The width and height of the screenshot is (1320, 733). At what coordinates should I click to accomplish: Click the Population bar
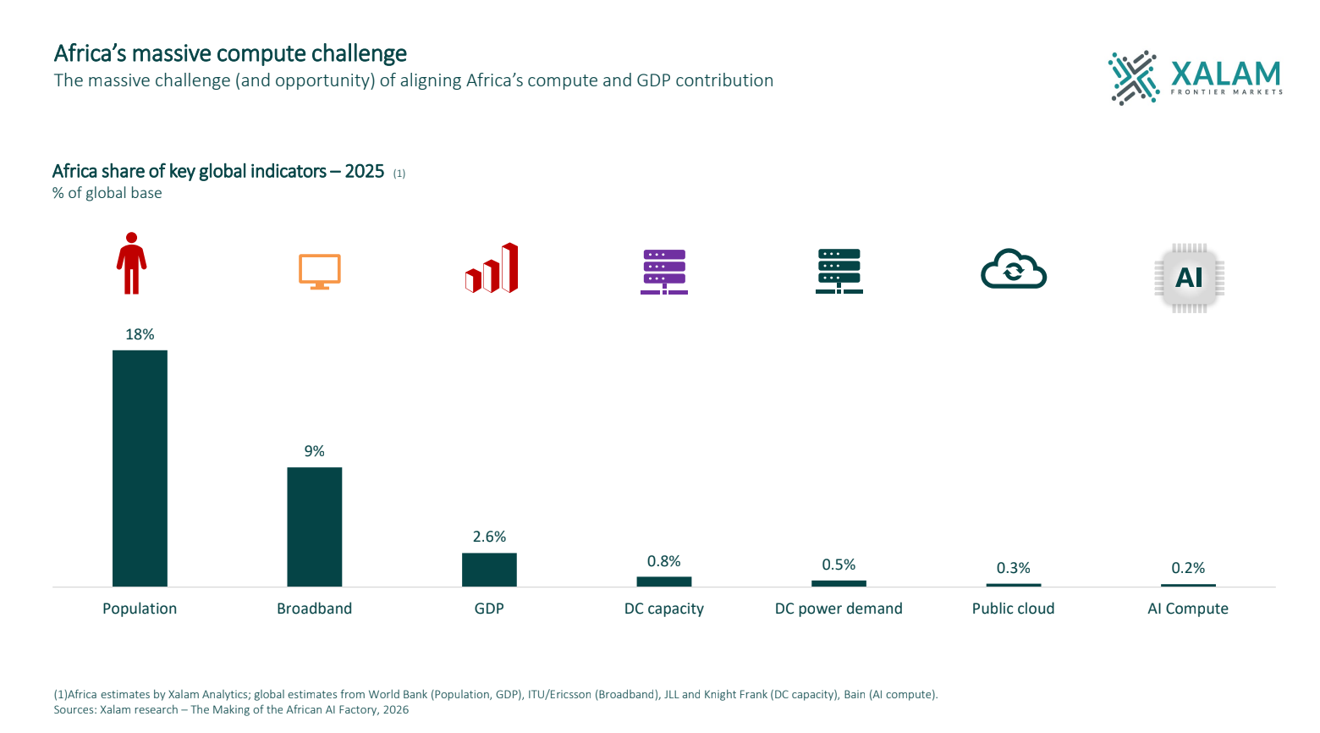140,468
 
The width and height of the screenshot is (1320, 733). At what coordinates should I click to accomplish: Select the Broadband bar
315,526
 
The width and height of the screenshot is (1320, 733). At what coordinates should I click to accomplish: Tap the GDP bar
489,570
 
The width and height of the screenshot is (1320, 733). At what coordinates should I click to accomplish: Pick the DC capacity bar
664,581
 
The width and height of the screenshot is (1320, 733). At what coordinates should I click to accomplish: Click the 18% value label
140,334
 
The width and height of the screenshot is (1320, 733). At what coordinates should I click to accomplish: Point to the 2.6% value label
489,537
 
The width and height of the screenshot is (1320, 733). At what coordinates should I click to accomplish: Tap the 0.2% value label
1188,568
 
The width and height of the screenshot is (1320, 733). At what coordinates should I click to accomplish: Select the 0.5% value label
839,565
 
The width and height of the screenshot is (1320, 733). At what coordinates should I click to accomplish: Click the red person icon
131,263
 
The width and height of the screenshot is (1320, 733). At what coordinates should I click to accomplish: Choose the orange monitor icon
320,271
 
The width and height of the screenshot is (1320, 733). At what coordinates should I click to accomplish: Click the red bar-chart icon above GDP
492,269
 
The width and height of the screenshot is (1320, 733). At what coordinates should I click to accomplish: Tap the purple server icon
664,271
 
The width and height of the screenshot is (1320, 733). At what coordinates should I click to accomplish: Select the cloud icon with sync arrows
1013,270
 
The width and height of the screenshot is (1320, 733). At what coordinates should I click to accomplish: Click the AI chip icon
1189,278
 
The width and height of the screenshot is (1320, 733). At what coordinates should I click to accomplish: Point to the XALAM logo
1196,77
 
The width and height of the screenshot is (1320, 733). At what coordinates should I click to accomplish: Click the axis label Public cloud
1013,609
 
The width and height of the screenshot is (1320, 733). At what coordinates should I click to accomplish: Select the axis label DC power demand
839,609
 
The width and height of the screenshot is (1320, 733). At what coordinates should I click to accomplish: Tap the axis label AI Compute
1188,609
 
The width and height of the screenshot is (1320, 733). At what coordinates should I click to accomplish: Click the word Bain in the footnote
855,695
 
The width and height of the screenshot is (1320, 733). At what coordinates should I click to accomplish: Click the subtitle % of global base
107,193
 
